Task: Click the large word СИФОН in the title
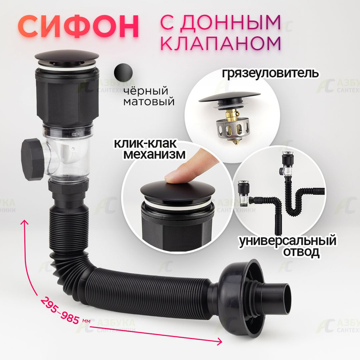tap(78, 27)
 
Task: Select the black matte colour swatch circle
tap(123, 73)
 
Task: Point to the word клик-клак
tap(145, 144)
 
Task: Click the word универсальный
tap(287, 241)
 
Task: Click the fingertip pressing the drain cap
tap(175, 177)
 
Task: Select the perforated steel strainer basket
tap(232, 130)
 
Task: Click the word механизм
tap(154, 154)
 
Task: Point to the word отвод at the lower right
tap(301, 252)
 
